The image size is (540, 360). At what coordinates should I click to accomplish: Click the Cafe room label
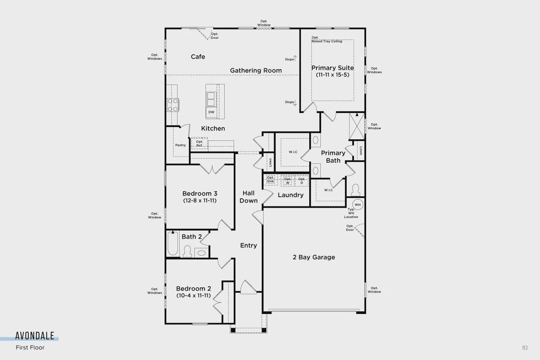(x=198, y=57)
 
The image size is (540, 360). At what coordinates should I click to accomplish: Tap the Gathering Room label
(x=256, y=70)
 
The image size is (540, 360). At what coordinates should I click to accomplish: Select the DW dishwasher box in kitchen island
(x=211, y=112)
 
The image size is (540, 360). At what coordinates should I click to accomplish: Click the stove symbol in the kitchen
(x=173, y=104)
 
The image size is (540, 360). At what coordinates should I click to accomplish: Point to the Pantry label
(x=180, y=145)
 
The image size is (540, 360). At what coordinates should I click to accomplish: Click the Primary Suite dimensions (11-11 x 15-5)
(x=332, y=75)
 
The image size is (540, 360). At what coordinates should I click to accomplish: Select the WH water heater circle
(x=358, y=205)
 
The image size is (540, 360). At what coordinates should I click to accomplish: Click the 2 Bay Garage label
(x=314, y=257)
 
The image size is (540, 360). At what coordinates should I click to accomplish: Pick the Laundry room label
(x=290, y=195)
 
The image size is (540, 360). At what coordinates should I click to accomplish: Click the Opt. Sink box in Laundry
(x=270, y=179)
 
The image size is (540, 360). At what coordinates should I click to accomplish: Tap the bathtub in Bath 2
(x=173, y=244)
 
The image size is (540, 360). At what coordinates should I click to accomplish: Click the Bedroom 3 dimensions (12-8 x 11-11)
(x=200, y=200)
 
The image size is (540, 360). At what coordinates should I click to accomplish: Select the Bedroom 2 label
(x=194, y=289)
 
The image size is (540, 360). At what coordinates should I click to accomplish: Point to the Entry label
(x=248, y=245)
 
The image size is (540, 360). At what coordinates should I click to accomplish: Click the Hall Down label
(x=248, y=197)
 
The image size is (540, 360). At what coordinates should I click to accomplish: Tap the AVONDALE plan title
(x=35, y=336)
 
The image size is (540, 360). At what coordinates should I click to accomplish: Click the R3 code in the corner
(x=525, y=348)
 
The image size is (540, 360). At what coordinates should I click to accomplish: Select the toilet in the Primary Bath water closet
(x=355, y=188)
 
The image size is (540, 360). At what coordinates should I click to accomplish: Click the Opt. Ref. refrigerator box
(x=200, y=143)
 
